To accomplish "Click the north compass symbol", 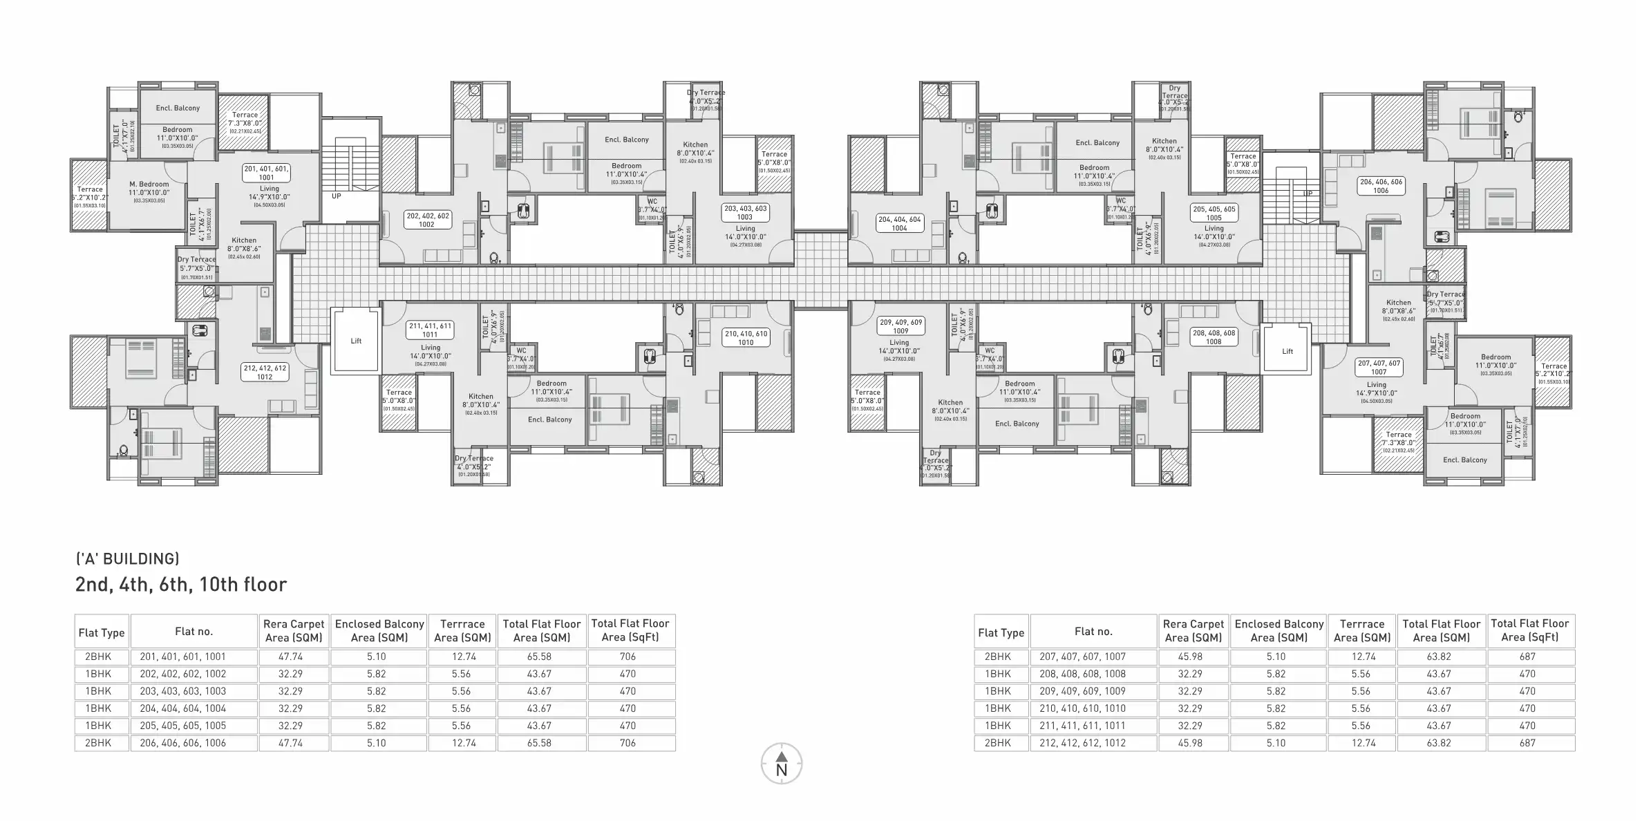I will [x=781, y=764].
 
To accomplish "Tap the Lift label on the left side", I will [x=356, y=341].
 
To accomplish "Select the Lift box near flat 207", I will [x=1287, y=351].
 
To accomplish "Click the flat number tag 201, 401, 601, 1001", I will [x=266, y=173].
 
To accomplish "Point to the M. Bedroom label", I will [x=149, y=185].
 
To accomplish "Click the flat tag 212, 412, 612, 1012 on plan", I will [x=265, y=372].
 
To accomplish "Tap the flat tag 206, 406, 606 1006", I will [x=1381, y=186].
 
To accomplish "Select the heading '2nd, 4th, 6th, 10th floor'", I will [x=181, y=585].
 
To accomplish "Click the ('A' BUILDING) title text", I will [x=127, y=558].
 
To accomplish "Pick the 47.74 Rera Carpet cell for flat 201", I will [x=293, y=657].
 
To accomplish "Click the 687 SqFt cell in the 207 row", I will [x=1527, y=657].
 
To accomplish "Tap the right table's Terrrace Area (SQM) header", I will [x=1361, y=631].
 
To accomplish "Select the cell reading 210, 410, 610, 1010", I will [x=1082, y=708].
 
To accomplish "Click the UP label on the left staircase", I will [x=337, y=196].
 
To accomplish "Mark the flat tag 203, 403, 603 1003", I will [x=745, y=212].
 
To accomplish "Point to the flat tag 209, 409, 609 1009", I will [x=900, y=326].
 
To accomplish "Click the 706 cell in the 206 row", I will [x=627, y=743].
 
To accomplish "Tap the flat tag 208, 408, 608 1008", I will [x=1214, y=337].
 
